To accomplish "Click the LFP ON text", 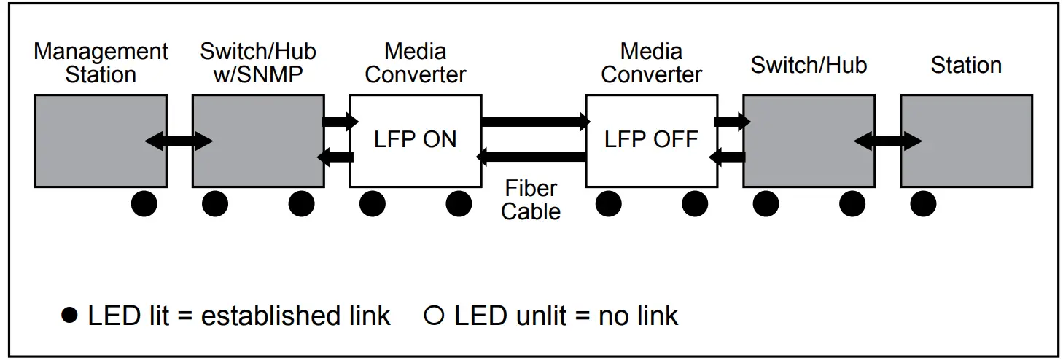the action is pyautogui.click(x=416, y=139).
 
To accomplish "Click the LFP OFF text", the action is pyautogui.click(x=651, y=139).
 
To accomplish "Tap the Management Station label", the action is pyautogui.click(x=101, y=63).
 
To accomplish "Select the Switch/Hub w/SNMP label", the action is pyautogui.click(x=258, y=63).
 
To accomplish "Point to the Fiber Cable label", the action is pyautogui.click(x=531, y=200).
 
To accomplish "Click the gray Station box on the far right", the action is pyautogui.click(x=966, y=141).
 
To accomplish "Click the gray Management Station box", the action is pyautogui.click(x=101, y=141).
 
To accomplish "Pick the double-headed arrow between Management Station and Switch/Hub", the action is pyautogui.click(x=179, y=141).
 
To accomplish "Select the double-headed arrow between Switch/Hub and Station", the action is pyautogui.click(x=887, y=141).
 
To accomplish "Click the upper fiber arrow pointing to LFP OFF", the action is pyautogui.click(x=536, y=122).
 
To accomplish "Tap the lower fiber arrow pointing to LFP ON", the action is pyautogui.click(x=531, y=157).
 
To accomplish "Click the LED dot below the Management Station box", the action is pyautogui.click(x=144, y=204).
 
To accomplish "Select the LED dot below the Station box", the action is pyautogui.click(x=923, y=204).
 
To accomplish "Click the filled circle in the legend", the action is pyautogui.click(x=69, y=316).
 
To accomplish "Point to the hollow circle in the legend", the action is pyautogui.click(x=434, y=316).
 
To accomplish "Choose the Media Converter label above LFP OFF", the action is pyautogui.click(x=651, y=63).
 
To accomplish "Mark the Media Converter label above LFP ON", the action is pyautogui.click(x=416, y=63).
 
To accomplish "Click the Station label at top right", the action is pyautogui.click(x=966, y=65).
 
